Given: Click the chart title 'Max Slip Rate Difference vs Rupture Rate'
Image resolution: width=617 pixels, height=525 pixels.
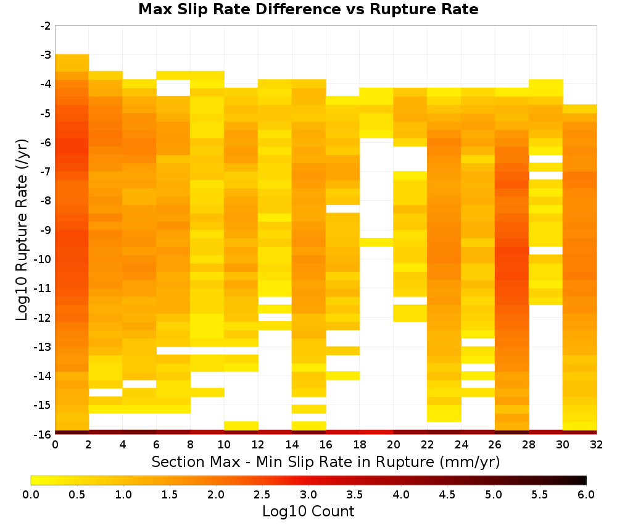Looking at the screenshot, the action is [308, 9].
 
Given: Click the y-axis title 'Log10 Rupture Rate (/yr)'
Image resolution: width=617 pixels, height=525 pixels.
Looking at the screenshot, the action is [22, 230].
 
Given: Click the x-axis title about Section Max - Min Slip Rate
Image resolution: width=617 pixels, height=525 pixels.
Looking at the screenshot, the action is [325, 461].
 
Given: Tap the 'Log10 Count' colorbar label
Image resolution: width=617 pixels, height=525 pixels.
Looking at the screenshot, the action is [308, 511].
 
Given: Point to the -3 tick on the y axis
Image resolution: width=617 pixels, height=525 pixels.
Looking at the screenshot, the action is [46, 55].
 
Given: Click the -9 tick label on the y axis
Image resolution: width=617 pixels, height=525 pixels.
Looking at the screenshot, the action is [46, 230].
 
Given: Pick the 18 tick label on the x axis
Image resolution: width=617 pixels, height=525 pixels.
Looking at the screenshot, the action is [360, 445].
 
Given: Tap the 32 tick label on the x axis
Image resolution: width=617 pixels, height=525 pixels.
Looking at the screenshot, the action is [597, 445].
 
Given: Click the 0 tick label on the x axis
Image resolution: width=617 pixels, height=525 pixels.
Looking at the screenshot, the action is [55, 445].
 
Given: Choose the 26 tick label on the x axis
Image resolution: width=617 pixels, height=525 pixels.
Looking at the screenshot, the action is [495, 445].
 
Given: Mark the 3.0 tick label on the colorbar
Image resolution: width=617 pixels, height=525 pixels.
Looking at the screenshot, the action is [308, 494].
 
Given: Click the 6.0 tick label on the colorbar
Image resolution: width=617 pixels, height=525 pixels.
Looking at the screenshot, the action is [586, 494].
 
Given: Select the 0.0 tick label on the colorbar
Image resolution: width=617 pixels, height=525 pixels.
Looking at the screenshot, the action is [31, 494].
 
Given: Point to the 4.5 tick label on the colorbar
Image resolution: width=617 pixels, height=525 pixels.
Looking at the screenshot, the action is [447, 494].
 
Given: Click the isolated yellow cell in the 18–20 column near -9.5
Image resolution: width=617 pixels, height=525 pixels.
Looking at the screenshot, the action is [376, 242].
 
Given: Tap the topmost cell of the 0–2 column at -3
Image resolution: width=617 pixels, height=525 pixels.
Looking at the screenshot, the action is [72, 59].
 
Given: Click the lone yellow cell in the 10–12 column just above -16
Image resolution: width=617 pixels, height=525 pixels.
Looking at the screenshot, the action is [241, 426].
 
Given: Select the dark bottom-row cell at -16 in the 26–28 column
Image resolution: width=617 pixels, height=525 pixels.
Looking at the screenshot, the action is [512, 432].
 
